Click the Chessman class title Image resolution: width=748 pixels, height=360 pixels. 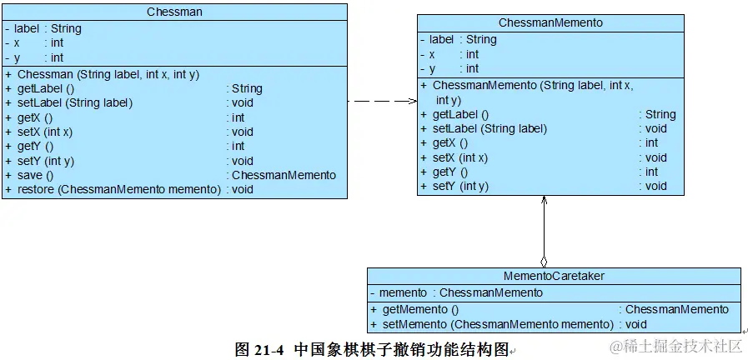tap(173, 12)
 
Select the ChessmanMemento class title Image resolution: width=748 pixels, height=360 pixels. tap(550, 22)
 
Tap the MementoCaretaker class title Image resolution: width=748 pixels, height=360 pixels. tap(554, 276)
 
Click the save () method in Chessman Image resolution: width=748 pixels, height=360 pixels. tap(35, 175)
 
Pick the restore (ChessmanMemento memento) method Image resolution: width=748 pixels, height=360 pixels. tap(118, 189)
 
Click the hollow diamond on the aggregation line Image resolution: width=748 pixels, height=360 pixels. tap(544, 261)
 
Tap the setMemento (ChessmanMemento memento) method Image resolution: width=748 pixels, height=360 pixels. tap(497, 324)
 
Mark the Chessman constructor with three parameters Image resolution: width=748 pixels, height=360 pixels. tap(108, 74)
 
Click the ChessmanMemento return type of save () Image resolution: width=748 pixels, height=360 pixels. tap(284, 175)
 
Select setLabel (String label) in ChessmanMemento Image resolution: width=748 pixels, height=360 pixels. tap(489, 128)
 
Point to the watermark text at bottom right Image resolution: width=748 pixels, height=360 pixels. tap(676, 346)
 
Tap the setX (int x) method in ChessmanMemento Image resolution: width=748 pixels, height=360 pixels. tap(460, 157)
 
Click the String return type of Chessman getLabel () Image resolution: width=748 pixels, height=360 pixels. tap(247, 88)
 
